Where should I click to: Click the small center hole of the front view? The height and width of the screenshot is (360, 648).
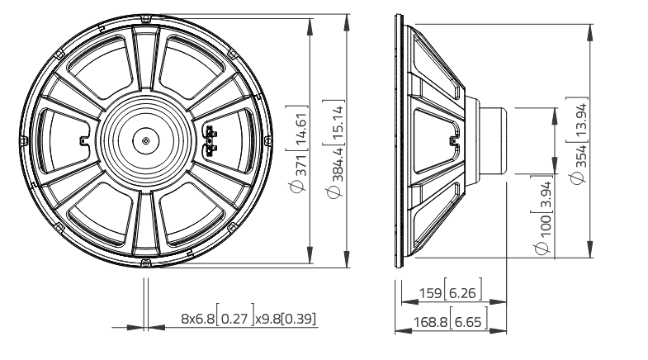pyautogui.click(x=145, y=140)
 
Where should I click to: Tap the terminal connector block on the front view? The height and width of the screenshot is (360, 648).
pyautogui.click(x=210, y=140)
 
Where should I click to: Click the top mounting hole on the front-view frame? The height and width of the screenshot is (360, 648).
pyautogui.click(x=145, y=18)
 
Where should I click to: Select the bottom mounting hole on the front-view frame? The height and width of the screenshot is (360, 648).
pyautogui.click(x=145, y=263)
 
